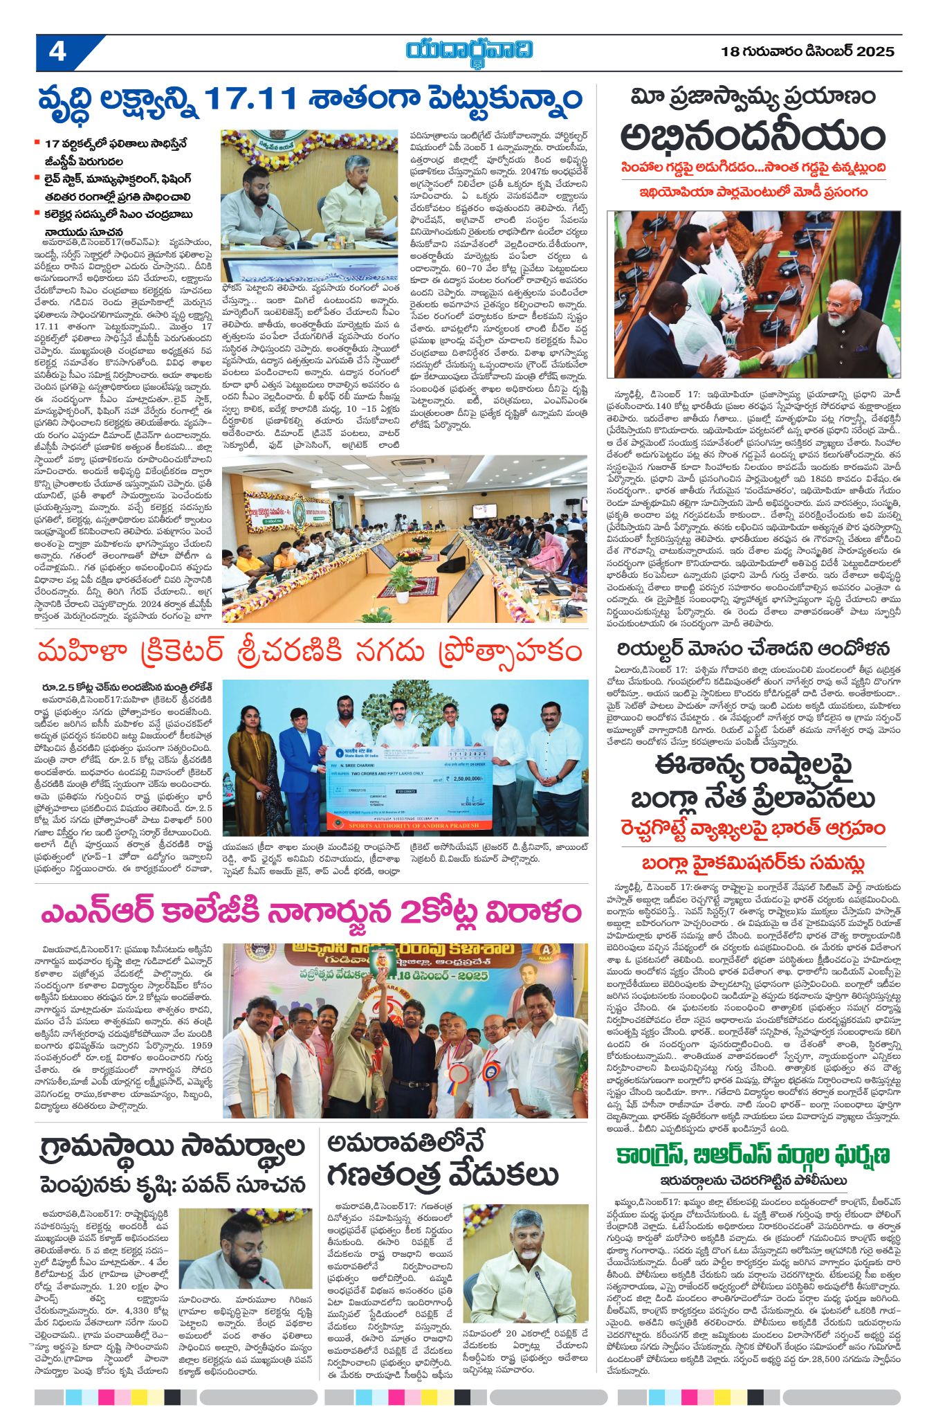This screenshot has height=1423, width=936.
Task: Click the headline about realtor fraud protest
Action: pyautogui.click(x=753, y=649)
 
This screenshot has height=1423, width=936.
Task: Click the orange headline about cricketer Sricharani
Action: pyautogui.click(x=309, y=652)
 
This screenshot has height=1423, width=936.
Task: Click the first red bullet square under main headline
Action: pyautogui.click(x=37, y=143)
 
